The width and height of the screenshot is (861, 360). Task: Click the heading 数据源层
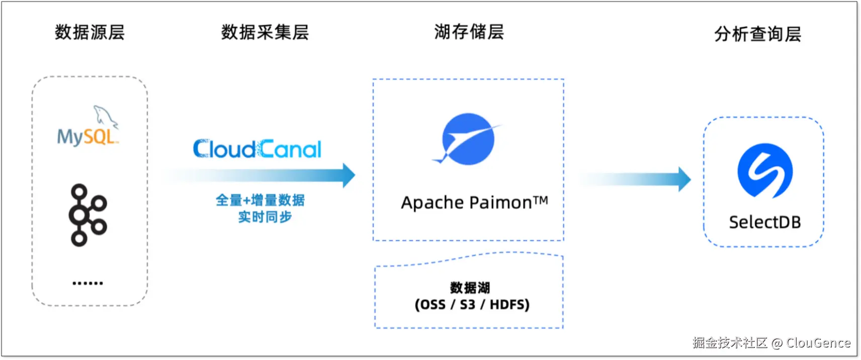pos(90,32)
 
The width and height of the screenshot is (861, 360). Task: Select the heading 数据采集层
pos(265,32)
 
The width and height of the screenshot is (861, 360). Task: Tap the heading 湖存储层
pos(469,32)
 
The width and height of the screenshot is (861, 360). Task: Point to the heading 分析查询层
pos(757,34)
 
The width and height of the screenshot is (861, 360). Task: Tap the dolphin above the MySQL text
pos(106,117)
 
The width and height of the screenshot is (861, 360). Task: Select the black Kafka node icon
pos(88,215)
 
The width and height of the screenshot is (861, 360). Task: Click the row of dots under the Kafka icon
pos(88,283)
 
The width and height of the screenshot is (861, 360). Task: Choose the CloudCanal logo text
pos(257,149)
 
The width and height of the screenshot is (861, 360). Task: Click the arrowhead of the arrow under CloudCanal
pos(349,175)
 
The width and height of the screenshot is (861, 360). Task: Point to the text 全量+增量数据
pos(260,200)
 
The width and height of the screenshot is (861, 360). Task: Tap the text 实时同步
pos(265,217)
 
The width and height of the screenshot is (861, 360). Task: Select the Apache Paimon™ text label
pos(474,203)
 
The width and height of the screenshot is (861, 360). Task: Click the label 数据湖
pos(470,288)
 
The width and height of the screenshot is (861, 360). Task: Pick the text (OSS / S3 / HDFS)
pos(472,305)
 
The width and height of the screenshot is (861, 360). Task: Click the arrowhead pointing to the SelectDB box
pos(684,179)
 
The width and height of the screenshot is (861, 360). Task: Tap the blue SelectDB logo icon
pos(765,170)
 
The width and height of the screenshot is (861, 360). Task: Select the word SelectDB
pos(765,222)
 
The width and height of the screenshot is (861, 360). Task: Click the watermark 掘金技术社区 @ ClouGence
pos(771,343)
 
